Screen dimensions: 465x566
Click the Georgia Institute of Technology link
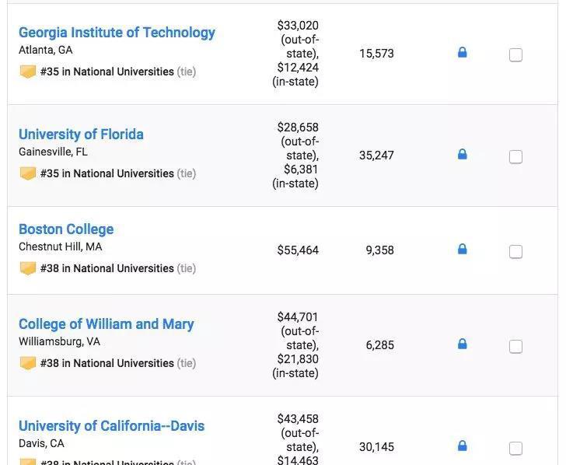117,33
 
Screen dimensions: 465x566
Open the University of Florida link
81,135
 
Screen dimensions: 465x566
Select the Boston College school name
66,229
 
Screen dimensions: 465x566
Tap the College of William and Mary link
106,324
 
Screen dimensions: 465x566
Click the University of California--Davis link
111,426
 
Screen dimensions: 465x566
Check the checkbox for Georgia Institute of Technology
515,55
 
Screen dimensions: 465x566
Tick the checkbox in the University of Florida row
515,157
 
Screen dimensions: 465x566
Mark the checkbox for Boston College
515,252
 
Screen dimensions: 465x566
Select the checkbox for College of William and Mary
515,347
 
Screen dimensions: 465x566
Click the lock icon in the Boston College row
463,250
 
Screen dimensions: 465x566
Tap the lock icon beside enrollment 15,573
463,53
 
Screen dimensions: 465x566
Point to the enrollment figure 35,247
376,156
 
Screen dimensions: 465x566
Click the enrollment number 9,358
379,250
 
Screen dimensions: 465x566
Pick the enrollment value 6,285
379,345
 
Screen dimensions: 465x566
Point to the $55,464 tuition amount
298,250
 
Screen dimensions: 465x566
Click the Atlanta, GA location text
46,50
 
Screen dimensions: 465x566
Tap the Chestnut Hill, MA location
60,246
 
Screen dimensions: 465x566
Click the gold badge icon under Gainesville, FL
28,173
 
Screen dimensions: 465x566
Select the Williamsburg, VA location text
59,341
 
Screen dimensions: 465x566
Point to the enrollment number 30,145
376,447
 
